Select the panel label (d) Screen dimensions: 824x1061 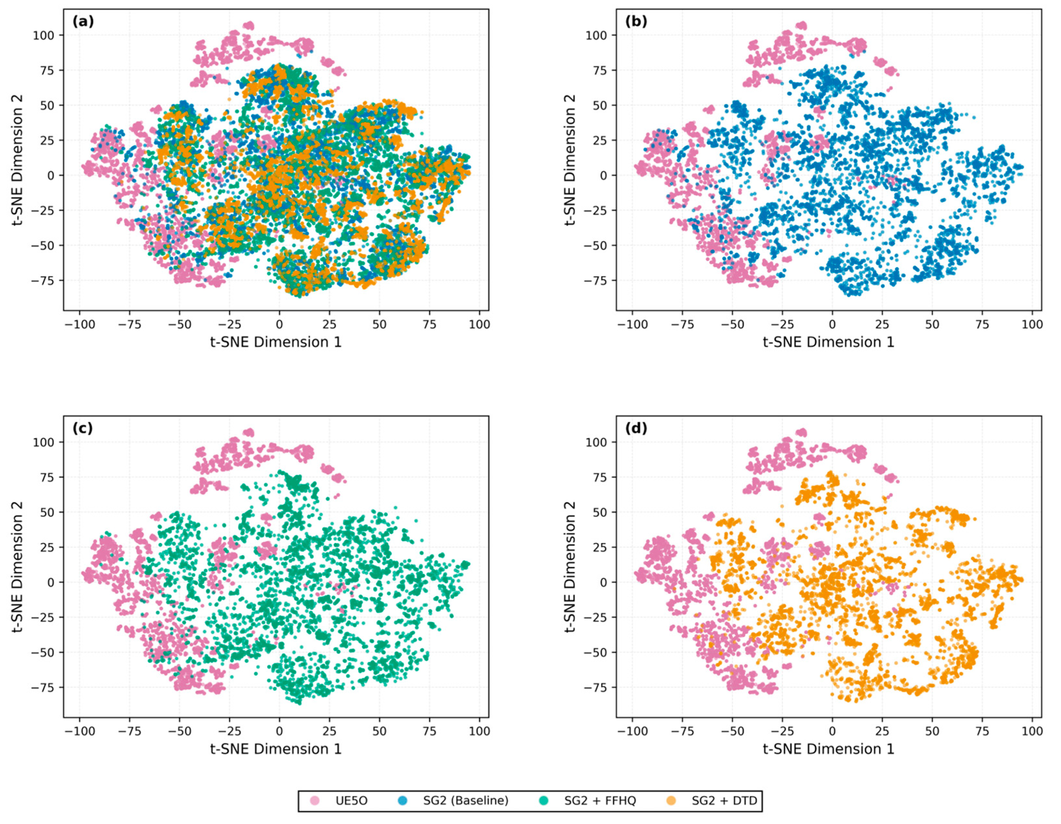coord(636,428)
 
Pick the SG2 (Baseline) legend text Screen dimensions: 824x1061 coord(465,801)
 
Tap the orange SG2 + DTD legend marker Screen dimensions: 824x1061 coord(671,801)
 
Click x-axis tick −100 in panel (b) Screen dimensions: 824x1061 coord(632,324)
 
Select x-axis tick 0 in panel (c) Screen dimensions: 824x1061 coord(279,731)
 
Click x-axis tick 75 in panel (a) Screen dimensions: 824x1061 coord(429,324)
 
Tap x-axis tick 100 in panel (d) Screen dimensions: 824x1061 coord(1032,731)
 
